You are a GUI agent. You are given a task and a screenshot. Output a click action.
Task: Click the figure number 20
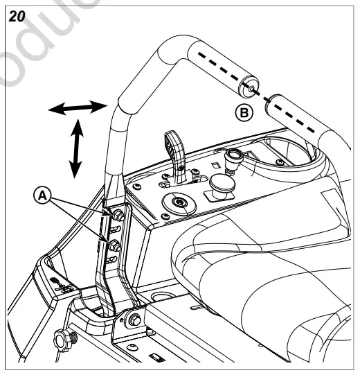pos(15,16)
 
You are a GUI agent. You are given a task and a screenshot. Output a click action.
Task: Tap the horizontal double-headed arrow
pos(76,108)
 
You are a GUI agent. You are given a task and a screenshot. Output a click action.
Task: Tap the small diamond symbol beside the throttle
pos(217,165)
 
